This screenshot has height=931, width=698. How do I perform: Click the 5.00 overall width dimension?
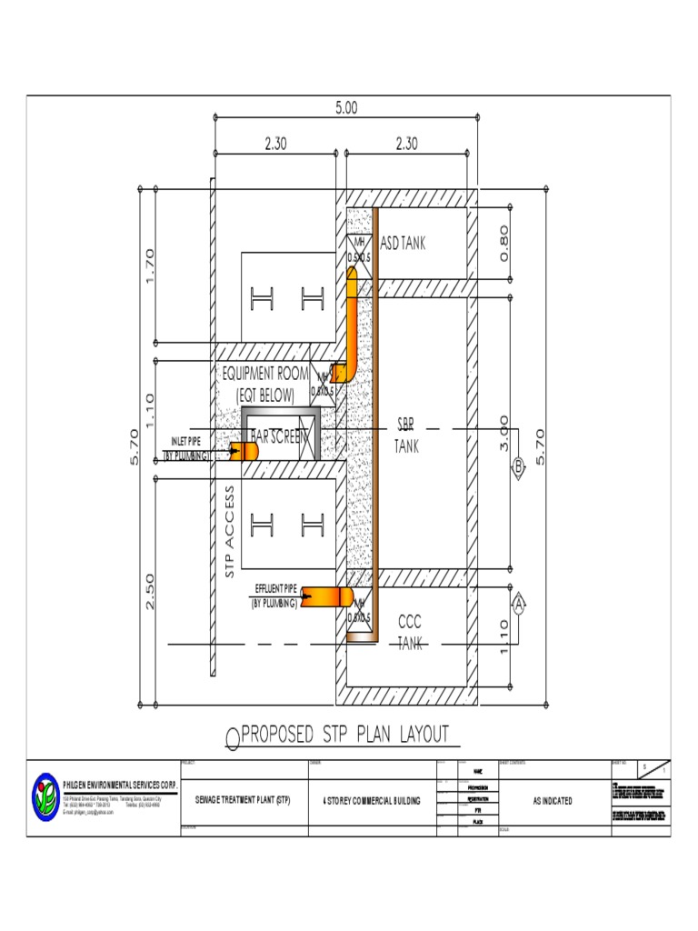tap(346, 107)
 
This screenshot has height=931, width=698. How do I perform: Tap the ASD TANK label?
tap(403, 244)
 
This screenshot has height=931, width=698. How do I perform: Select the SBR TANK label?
tap(406, 435)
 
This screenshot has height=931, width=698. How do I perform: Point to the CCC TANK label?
tap(410, 633)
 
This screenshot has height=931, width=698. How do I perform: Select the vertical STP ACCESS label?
tap(230, 531)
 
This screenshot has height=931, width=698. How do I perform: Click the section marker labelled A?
tap(519, 603)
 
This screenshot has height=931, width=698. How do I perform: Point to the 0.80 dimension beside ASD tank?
tap(504, 243)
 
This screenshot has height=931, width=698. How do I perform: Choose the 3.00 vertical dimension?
tap(504, 435)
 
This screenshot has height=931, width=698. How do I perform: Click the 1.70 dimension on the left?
tap(149, 265)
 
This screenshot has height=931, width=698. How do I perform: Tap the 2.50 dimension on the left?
tap(149, 591)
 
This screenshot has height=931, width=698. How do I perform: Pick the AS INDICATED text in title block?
tap(553, 800)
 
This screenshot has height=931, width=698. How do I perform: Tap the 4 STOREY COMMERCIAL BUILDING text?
tap(372, 800)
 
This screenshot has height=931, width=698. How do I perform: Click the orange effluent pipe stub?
tap(326, 596)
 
